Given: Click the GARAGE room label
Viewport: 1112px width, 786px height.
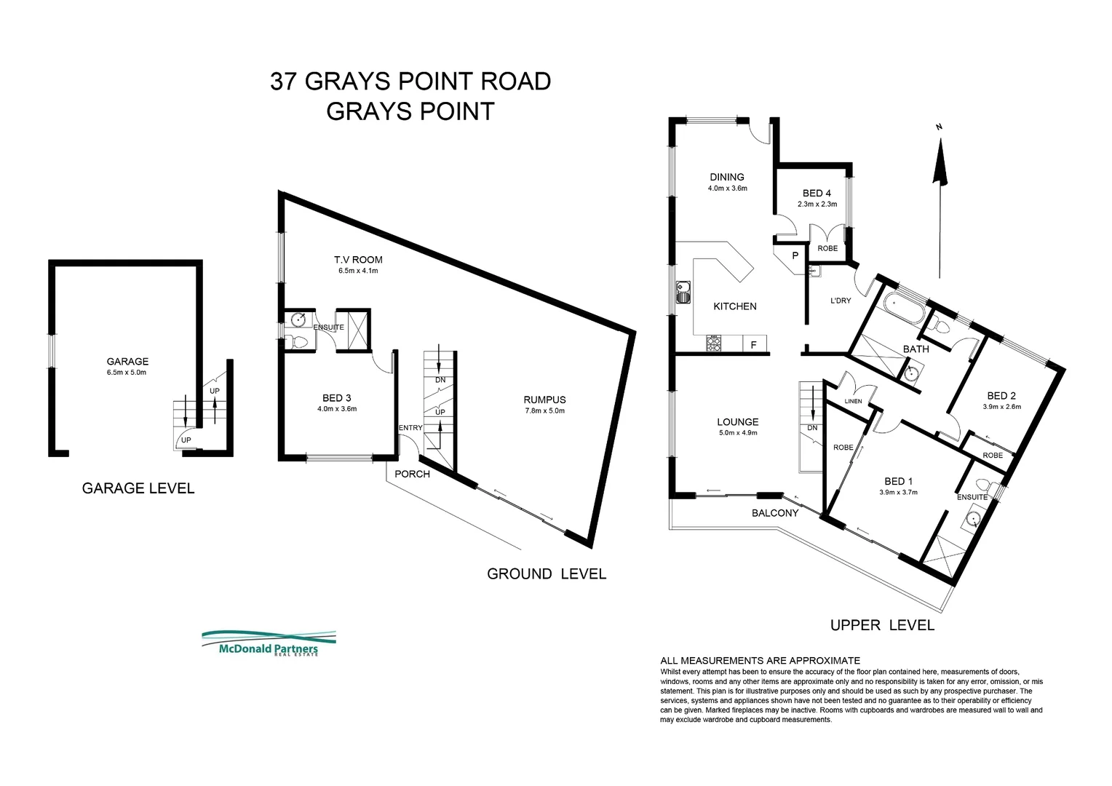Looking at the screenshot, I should point(127,361).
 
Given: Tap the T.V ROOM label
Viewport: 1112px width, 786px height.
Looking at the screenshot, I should point(358,260).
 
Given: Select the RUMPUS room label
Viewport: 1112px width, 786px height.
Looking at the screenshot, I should point(544,400).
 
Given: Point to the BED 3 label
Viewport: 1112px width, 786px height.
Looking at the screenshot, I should point(337,397).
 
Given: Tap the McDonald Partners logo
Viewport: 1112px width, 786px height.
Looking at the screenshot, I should point(269,644).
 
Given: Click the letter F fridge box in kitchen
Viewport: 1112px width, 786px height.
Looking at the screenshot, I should point(753,345).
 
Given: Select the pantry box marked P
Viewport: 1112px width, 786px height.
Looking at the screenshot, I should point(795,255).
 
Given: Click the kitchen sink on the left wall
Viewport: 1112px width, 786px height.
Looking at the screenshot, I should point(683,292).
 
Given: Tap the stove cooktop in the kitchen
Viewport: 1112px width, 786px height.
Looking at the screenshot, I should point(713,344).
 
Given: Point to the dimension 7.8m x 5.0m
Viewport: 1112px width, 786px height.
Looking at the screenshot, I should point(544,410).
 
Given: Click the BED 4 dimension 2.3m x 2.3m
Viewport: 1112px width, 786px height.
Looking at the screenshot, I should point(817,204).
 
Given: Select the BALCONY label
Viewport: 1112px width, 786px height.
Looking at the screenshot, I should point(775,513).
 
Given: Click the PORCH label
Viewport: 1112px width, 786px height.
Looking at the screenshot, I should point(412,474).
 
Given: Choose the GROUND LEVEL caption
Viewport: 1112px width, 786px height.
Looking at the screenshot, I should point(546,573).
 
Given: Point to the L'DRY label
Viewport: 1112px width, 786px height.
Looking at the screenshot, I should point(841,301).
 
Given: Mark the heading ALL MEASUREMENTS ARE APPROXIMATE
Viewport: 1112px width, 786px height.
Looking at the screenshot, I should point(760,660).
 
